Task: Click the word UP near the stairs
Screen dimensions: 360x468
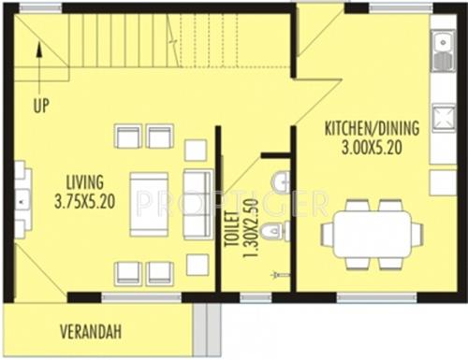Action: point(40,105)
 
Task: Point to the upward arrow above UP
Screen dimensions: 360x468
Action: point(39,64)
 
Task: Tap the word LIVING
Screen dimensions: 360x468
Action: point(84,180)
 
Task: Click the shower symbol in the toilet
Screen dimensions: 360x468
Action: point(277,275)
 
